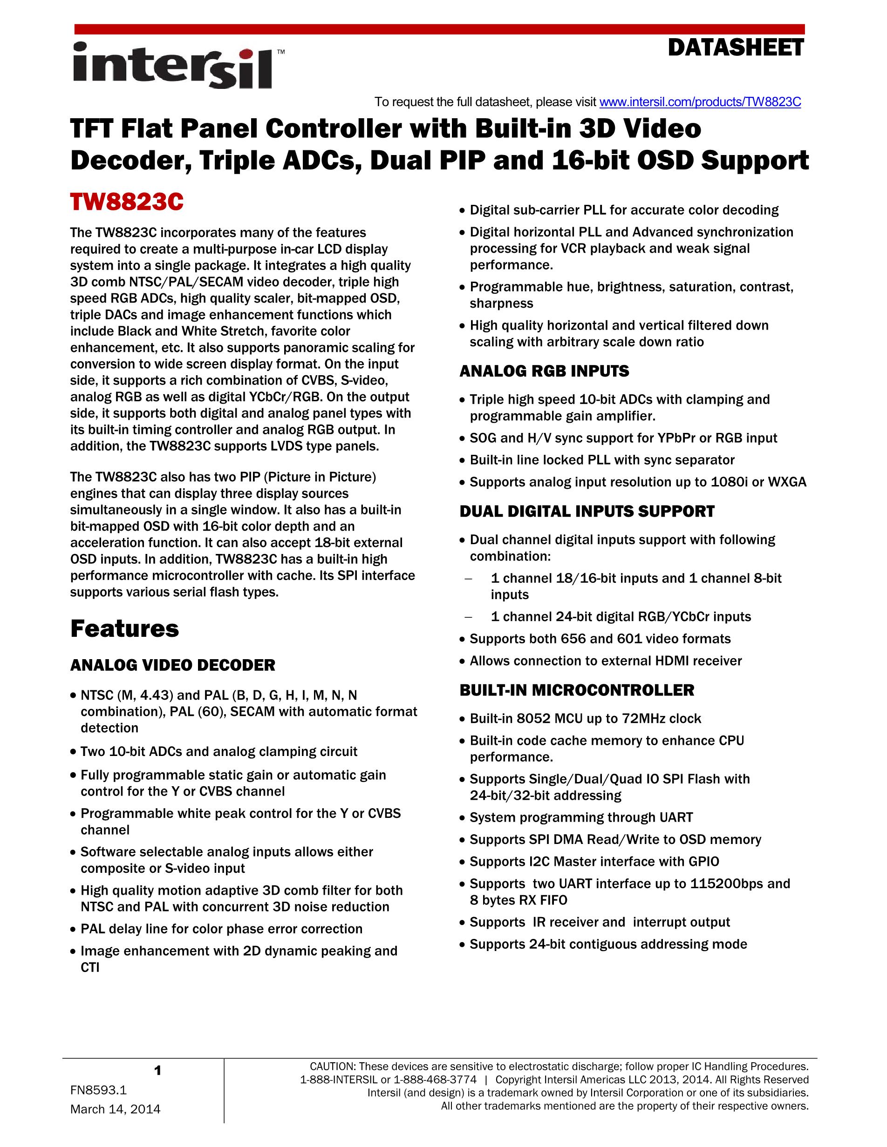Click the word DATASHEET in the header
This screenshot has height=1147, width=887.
[735, 48]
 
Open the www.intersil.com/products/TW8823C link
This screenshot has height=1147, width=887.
[700, 102]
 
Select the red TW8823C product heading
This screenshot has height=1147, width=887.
[127, 202]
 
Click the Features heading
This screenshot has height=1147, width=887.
[124, 628]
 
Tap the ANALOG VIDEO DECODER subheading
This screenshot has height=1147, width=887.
[172, 665]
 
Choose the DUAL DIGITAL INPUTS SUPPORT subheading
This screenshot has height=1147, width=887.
[587, 512]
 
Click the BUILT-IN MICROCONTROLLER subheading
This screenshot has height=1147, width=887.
[576, 690]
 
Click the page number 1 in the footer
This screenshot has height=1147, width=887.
[157, 1070]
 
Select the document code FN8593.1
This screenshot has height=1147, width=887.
[98, 1090]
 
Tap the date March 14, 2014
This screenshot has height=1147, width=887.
[115, 1109]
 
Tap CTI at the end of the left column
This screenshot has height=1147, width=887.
[90, 967]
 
